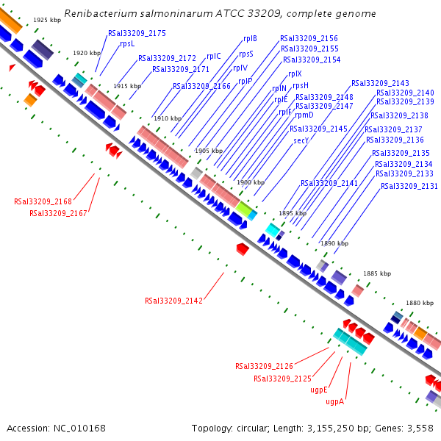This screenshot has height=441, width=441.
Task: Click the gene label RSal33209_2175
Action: tap(137, 33)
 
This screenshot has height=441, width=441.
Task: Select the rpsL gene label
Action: tap(127, 43)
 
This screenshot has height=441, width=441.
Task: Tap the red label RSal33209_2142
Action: tap(173, 301)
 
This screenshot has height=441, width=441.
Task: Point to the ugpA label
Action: tap(335, 402)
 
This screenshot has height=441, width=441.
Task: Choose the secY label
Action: tap(301, 140)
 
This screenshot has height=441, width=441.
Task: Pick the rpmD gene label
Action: tap(304, 115)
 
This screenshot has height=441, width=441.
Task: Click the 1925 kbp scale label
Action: tap(47, 20)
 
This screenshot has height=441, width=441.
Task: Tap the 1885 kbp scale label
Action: tap(377, 273)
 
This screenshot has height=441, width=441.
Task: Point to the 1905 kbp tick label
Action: tap(208, 151)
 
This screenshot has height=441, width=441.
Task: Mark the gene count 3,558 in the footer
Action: tap(422, 428)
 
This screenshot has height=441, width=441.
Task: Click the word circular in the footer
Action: tap(259, 428)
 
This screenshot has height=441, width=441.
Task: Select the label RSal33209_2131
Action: tap(409, 186)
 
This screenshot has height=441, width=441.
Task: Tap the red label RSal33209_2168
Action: tap(43, 201)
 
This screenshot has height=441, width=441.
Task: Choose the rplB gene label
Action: tap(250, 38)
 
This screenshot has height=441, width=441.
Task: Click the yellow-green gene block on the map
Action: tap(244, 209)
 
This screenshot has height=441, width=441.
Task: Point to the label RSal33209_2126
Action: tap(264, 366)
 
